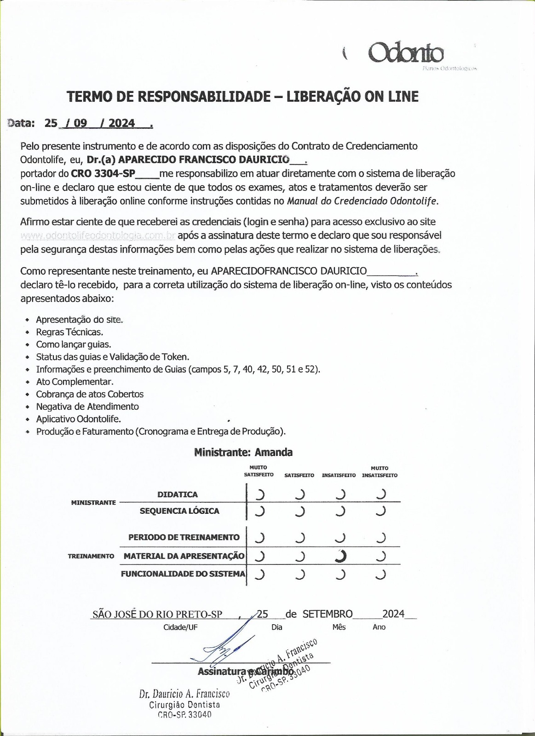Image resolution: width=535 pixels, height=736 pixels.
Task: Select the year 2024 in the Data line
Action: click(122, 123)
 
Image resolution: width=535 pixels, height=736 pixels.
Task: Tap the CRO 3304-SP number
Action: click(103, 174)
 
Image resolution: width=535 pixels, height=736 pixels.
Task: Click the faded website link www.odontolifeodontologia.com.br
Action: click(98, 236)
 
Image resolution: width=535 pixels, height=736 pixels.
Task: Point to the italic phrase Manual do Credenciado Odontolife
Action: click(362, 201)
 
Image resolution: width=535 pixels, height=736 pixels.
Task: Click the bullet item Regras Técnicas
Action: click(69, 332)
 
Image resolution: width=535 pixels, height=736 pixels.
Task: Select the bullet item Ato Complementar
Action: click(75, 382)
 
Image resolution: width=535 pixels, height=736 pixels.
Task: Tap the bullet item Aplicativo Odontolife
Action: click(78, 419)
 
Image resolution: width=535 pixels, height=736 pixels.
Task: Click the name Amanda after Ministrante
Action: click(274, 452)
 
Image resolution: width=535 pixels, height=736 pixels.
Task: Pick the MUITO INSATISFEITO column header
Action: click(380, 471)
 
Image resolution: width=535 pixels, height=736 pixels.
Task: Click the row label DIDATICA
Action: click(178, 494)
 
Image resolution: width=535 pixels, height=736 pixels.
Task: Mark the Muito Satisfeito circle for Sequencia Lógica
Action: click(260, 511)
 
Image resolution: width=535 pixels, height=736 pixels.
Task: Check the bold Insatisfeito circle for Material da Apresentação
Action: click(340, 556)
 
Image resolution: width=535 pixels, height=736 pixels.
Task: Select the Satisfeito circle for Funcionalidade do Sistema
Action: click(300, 574)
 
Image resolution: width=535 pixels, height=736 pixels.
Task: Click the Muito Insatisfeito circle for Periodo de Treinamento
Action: click(380, 537)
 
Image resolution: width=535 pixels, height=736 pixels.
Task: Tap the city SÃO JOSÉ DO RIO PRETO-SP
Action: click(157, 614)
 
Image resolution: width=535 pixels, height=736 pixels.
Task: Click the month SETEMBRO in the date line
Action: click(328, 614)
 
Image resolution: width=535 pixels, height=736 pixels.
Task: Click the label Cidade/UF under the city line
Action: click(180, 627)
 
